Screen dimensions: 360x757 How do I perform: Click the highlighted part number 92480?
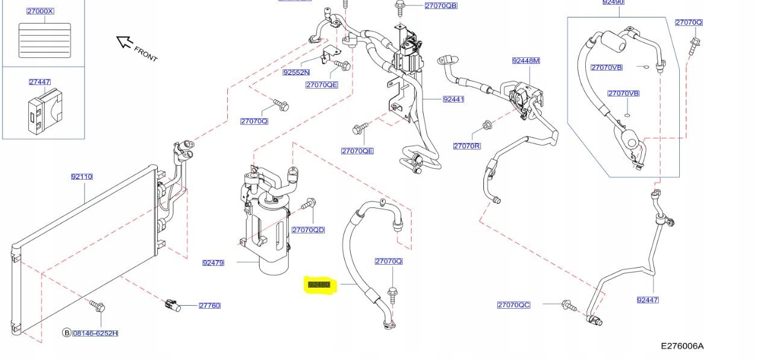point(319,284)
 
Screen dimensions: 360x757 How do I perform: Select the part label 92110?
point(81,177)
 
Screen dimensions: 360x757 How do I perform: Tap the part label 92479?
point(213,262)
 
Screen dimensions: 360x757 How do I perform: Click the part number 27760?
point(210,305)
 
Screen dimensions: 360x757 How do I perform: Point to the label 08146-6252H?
point(95,333)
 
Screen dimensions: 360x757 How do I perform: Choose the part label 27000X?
point(40,11)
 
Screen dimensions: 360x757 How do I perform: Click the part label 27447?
point(39,81)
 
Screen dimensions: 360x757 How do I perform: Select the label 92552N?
point(296,72)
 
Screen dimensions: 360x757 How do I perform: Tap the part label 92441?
point(453,99)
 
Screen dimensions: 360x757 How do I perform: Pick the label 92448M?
point(526,60)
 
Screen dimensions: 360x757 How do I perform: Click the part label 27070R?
point(466,146)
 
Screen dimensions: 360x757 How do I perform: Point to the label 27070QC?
point(514,305)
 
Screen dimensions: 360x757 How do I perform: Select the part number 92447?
point(647,300)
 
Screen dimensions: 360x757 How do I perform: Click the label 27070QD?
point(308,230)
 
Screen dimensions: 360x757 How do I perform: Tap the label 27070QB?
point(441,5)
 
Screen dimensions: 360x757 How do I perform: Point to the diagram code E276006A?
point(682,346)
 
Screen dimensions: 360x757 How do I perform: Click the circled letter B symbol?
point(66,333)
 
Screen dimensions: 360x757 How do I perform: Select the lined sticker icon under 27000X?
point(45,40)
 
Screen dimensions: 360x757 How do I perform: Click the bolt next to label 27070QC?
point(568,305)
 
